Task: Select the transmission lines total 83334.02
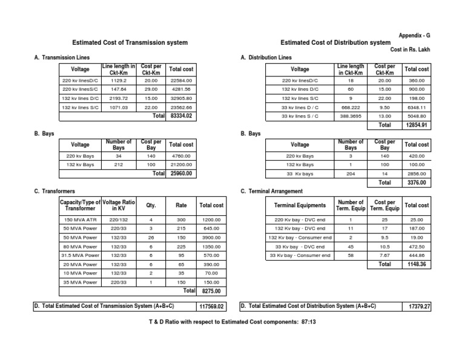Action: pos(181,115)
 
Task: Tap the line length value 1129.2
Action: pos(117,80)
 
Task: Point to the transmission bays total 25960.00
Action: pos(181,173)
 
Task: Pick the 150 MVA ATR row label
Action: pos(80,219)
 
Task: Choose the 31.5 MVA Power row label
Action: pos(80,255)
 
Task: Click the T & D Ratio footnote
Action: pos(232,322)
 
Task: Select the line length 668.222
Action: pos(350,107)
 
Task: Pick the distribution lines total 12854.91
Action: pos(416,125)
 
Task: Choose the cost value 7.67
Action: pos(383,256)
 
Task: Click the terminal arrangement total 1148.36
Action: pos(416,265)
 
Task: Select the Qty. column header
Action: pos(151,205)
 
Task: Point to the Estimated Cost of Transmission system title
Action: pos(130,43)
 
